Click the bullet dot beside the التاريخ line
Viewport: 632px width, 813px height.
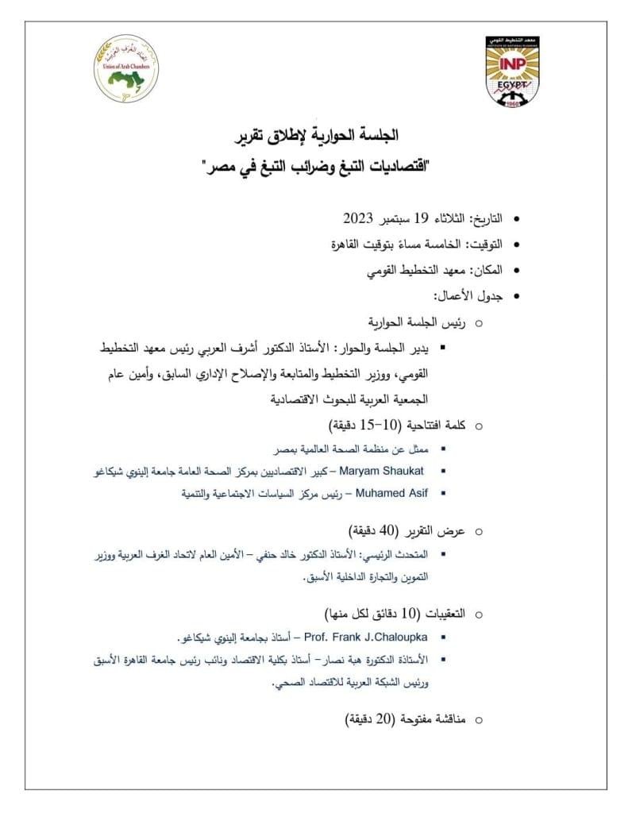(x=518, y=218)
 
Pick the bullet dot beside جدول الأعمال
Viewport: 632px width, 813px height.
(x=518, y=296)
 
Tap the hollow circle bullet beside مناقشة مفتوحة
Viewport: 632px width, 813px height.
(x=478, y=720)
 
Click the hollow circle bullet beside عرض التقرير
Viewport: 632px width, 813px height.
(x=478, y=531)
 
